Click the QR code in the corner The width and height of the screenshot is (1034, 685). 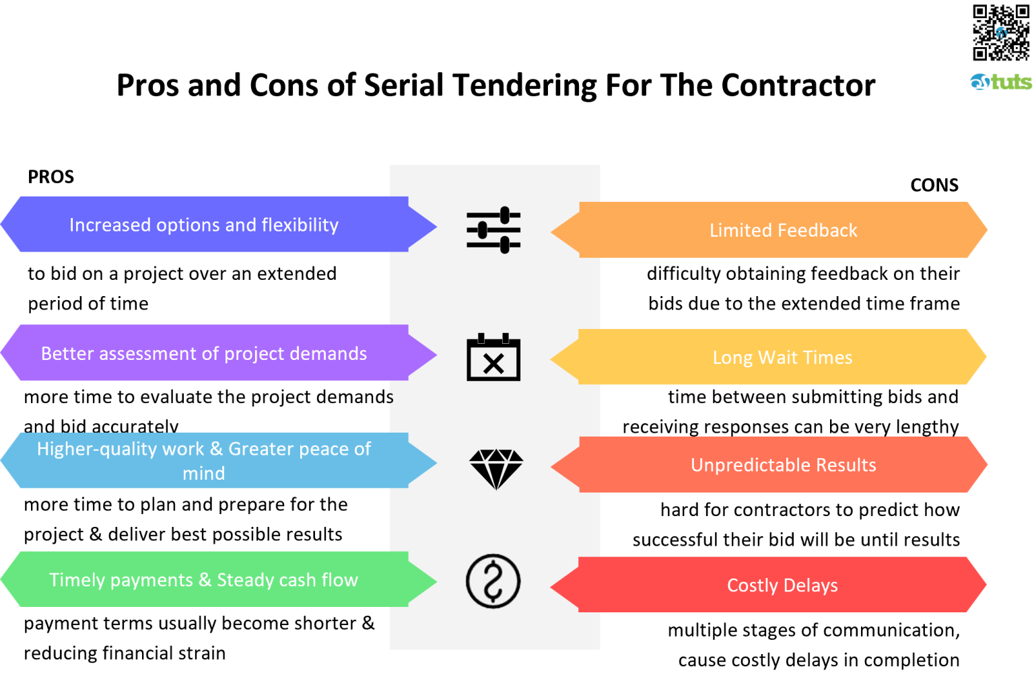click(1000, 32)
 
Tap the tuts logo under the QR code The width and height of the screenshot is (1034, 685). click(1001, 81)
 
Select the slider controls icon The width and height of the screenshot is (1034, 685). click(493, 230)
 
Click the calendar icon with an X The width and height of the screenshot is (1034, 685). click(493, 357)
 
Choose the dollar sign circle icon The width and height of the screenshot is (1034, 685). click(493, 581)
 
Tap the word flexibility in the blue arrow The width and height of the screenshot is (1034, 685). click(300, 225)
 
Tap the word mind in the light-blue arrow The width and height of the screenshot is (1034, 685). click(203, 473)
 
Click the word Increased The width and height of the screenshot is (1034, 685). click(110, 225)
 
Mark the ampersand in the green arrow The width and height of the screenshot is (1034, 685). click(205, 580)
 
